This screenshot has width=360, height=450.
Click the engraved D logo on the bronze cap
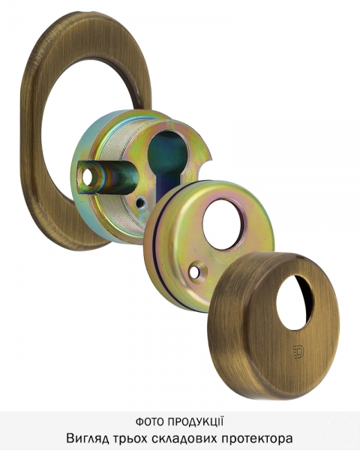click(298, 351)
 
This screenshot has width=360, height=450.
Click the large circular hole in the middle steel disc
click(225, 224)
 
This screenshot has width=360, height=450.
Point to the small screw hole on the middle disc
click(196, 271)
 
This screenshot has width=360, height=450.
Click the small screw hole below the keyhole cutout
click(142, 204)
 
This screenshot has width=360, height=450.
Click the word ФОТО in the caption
click(150, 421)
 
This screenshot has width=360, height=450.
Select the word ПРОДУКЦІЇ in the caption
click(196, 421)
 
